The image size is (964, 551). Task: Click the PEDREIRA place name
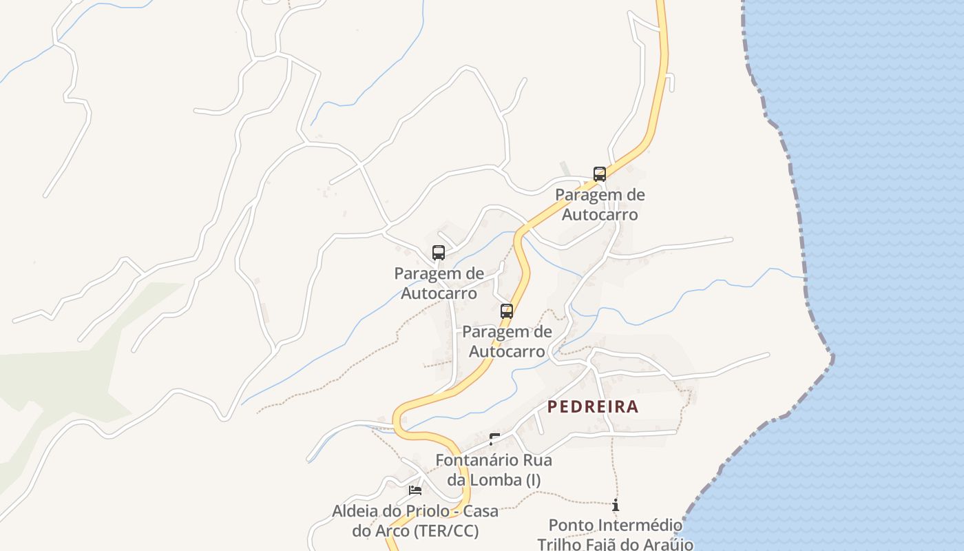pyautogui.click(x=593, y=406)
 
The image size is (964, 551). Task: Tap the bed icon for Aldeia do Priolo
pyautogui.click(x=415, y=490)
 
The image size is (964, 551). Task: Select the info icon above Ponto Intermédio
pyautogui.click(x=615, y=505)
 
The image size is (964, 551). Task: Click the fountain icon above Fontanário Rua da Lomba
pyautogui.click(x=494, y=439)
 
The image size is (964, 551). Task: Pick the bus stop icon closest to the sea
pyautogui.click(x=600, y=174)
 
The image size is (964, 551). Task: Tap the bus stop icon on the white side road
pyautogui.click(x=439, y=252)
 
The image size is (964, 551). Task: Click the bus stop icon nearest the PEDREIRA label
pyautogui.click(x=507, y=311)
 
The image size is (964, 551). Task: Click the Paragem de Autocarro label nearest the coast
pyautogui.click(x=600, y=205)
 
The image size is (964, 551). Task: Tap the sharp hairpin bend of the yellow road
pyautogui.click(x=397, y=419)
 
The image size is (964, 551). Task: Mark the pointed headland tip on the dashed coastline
pyautogui.click(x=832, y=358)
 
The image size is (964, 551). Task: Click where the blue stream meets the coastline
pyautogui.click(x=804, y=278)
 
